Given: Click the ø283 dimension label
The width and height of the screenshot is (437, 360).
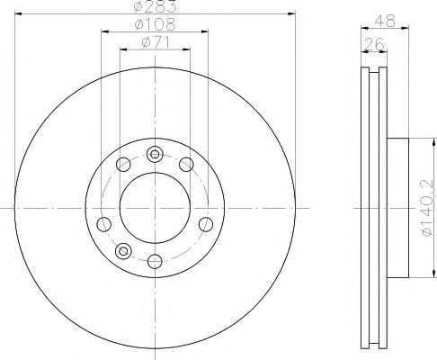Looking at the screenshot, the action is click(x=155, y=6).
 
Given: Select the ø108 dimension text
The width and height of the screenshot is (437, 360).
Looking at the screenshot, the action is click(x=155, y=24).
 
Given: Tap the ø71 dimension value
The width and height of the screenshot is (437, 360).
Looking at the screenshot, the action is click(x=156, y=42).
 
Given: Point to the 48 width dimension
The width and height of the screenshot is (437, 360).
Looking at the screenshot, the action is click(x=386, y=21).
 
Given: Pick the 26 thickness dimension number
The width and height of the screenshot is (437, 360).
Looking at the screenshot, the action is click(x=373, y=44).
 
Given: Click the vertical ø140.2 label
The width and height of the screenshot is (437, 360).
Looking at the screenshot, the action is click(x=427, y=207).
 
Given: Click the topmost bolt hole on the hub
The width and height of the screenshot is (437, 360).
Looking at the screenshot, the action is click(x=155, y=155).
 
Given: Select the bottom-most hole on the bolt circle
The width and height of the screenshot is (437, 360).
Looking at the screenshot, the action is click(x=155, y=261).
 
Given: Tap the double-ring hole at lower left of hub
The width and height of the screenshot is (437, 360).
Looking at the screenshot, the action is click(x=123, y=251).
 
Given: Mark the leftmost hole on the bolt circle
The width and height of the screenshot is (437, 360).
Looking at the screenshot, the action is click(x=104, y=224).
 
